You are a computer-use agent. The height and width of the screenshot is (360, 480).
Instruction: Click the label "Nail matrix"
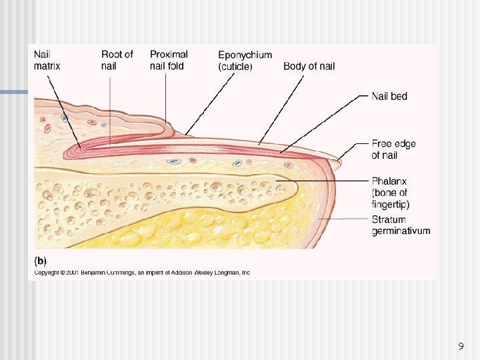point(47,60)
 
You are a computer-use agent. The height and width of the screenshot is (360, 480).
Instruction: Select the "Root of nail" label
point(117,60)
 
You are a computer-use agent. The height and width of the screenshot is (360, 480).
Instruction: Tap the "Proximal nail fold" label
point(169,60)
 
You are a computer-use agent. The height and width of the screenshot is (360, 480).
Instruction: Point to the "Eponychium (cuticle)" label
point(245,60)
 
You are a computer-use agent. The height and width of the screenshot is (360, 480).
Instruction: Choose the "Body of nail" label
point(309,66)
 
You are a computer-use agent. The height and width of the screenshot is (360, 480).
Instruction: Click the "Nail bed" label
point(389,96)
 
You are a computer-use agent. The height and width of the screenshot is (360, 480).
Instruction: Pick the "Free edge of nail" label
point(389,149)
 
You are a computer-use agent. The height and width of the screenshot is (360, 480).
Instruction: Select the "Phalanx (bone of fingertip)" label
point(391,193)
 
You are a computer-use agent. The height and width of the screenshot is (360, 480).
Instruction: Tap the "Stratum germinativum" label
point(401,225)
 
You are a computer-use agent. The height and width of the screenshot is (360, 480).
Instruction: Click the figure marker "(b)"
point(40,261)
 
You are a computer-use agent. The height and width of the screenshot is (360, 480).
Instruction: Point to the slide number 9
point(461,346)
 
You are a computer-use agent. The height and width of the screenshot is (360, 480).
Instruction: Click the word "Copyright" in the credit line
point(47,272)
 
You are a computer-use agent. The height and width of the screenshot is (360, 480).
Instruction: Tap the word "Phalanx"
point(389,181)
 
